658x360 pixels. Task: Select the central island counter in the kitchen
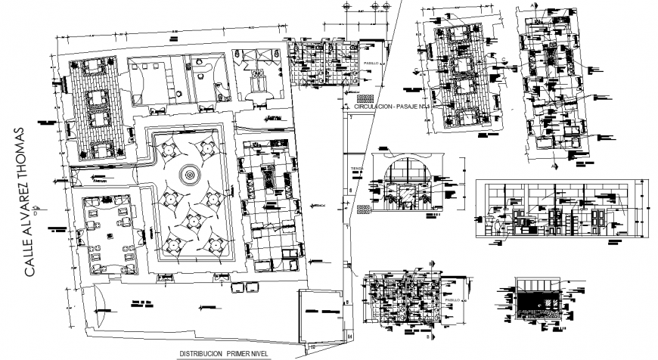pyautogui.click(x=270, y=181)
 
